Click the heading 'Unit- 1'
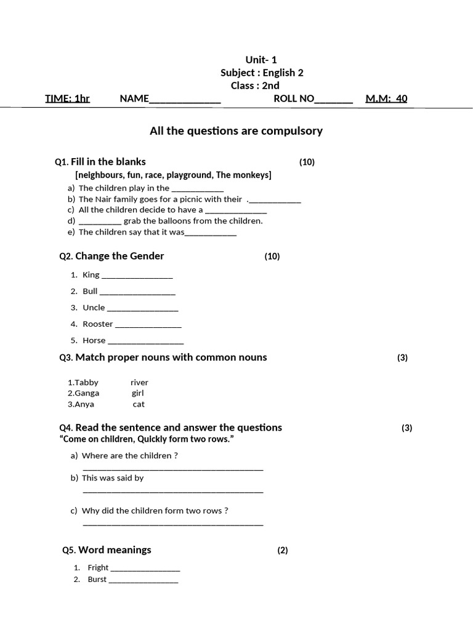[261, 60]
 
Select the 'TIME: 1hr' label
[67, 98]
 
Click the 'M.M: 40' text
[386, 98]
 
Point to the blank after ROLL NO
[334, 100]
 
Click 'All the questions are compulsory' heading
[236, 130]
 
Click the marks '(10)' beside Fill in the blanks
[307, 162]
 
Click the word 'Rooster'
[98, 324]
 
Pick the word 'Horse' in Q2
[94, 340]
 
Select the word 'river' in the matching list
[139, 383]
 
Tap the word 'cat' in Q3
[139, 404]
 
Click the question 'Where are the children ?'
[130, 456]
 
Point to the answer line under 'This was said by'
[172, 492]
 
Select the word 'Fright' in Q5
[98, 567]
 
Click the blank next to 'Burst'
[143, 581]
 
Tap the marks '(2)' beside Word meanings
[282, 551]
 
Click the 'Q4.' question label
[66, 428]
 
